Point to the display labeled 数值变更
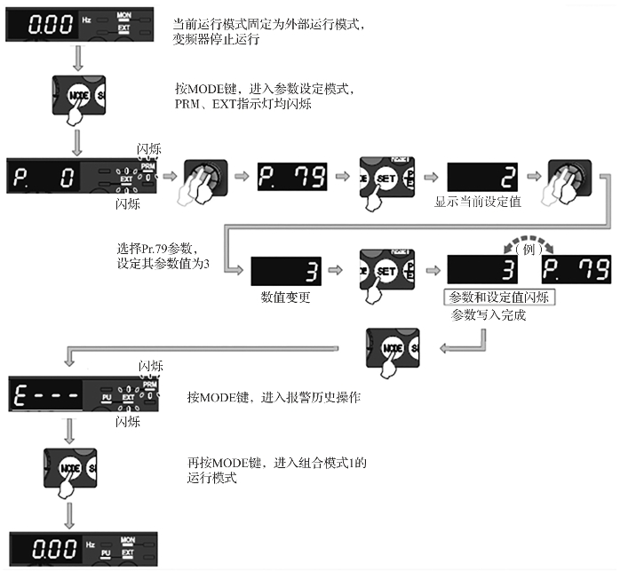point(285,270)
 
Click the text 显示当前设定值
point(478,203)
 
